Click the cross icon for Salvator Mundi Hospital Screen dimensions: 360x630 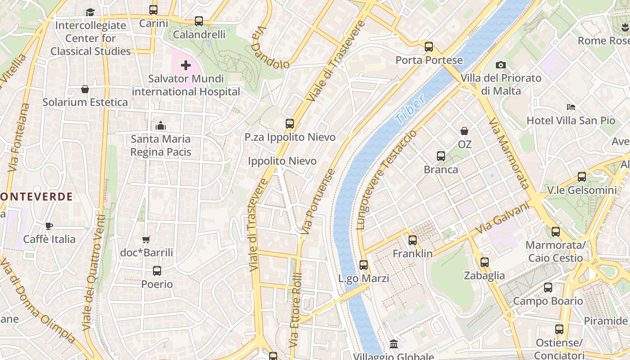(185, 66)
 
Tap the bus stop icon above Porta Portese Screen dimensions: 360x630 (428, 47)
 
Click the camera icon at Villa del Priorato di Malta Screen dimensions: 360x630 (500, 65)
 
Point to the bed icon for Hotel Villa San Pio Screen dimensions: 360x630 (571, 107)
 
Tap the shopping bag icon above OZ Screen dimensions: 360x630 (464, 131)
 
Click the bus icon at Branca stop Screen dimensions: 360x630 (441, 156)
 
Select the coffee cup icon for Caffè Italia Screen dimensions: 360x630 (49, 226)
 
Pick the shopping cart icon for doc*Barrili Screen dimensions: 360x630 (146, 239)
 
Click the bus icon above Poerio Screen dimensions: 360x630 (157, 271)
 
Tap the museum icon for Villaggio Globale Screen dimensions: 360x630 (393, 344)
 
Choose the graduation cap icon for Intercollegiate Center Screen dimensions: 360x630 (90, 12)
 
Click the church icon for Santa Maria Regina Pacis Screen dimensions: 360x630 (160, 126)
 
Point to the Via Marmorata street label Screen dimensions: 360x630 (508, 153)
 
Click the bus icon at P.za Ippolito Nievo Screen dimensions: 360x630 (290, 124)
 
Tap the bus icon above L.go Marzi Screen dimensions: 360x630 (364, 265)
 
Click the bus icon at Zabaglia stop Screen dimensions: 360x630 (484, 262)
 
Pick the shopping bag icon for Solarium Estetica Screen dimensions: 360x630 (85, 89)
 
